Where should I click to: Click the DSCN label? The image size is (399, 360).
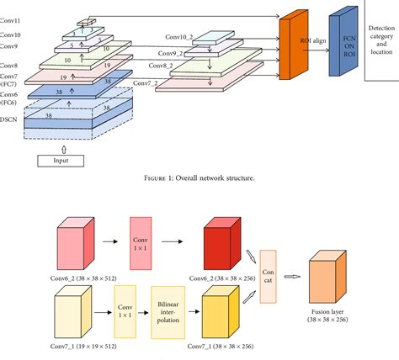[10, 120]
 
